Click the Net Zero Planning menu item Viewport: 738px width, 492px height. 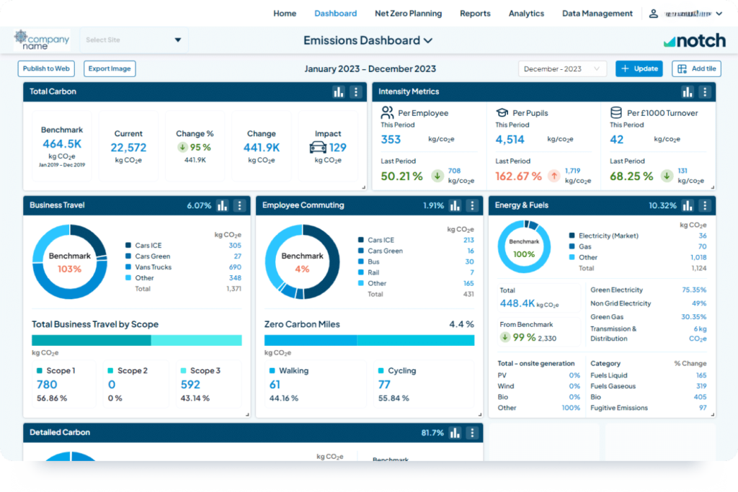[408, 13]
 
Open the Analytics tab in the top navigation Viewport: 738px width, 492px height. [526, 13]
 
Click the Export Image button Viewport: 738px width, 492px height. [110, 68]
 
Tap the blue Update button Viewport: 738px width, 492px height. [639, 68]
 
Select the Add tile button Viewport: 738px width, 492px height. [696, 68]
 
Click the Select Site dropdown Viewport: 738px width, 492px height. [133, 40]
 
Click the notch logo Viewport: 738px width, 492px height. [694, 41]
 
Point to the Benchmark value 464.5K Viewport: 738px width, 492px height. [61, 144]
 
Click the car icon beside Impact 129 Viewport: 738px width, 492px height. [317, 148]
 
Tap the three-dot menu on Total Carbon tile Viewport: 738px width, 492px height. [355, 91]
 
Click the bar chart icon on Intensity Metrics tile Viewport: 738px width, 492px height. [688, 91]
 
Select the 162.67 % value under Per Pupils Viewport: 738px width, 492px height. [518, 176]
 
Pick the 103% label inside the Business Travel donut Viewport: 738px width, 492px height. [70, 269]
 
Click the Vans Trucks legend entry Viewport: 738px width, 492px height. [153, 267]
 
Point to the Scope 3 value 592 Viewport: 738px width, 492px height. [190, 385]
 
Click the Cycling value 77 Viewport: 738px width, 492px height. [383, 385]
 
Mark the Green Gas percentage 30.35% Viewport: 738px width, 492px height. [693, 317]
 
